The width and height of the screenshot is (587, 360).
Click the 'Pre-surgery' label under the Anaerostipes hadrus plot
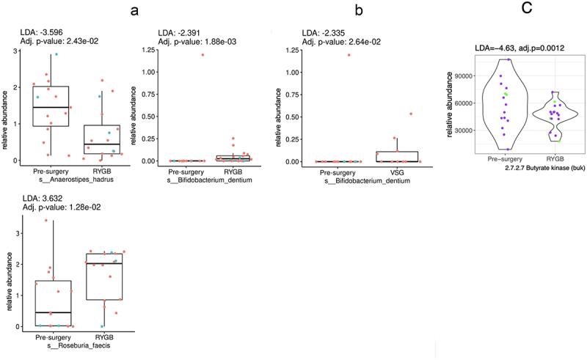(52, 171)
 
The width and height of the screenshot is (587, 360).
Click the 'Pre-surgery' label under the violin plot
(499, 160)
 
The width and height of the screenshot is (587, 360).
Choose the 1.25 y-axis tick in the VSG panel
(288, 50)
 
